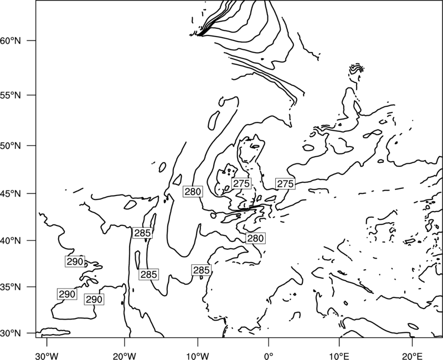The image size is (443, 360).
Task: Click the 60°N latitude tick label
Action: (11, 40)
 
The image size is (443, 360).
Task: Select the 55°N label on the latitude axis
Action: (11, 95)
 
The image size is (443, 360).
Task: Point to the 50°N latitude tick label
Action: (11, 146)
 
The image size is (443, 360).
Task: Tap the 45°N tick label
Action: (11, 193)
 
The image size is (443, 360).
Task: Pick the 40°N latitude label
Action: (11, 241)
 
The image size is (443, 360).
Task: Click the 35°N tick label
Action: (11, 287)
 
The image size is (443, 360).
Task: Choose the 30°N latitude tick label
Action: (11, 333)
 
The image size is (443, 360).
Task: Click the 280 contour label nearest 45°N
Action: (193, 192)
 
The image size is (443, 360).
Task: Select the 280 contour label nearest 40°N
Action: (255, 238)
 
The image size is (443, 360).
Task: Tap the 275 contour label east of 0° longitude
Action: (285, 184)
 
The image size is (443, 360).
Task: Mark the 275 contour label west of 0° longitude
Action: (241, 183)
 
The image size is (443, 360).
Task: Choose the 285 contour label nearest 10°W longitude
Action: (201, 270)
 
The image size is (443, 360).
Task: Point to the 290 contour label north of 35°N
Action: (75, 261)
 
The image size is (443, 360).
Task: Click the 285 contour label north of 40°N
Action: (142, 233)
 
